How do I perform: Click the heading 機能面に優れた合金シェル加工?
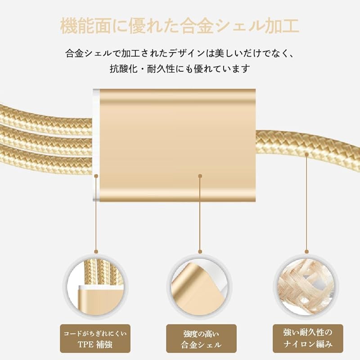coord(180,26)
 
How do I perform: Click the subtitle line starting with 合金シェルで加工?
coord(180,54)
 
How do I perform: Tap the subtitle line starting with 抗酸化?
coord(180,70)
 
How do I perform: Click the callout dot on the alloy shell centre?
coord(200,176)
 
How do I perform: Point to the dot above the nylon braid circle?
coord(306,252)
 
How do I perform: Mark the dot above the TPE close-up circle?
coord(96,252)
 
